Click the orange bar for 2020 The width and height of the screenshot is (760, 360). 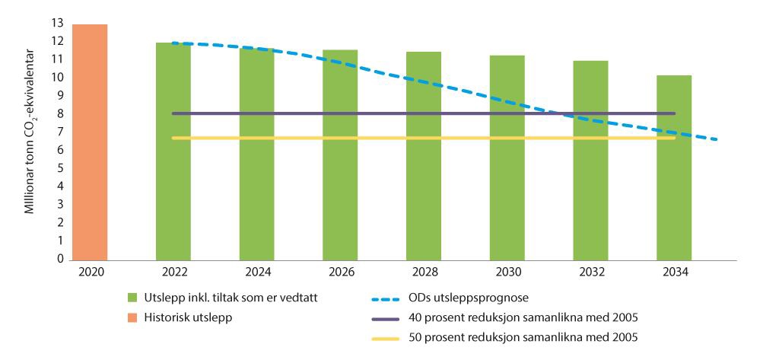click(90, 142)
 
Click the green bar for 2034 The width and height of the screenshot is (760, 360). click(674, 167)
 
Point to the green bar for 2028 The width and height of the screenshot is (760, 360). click(424, 155)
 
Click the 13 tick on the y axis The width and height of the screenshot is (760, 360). click(57, 23)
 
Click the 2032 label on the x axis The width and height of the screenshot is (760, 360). click(590, 270)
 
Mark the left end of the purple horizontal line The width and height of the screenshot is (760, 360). click(173, 113)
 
